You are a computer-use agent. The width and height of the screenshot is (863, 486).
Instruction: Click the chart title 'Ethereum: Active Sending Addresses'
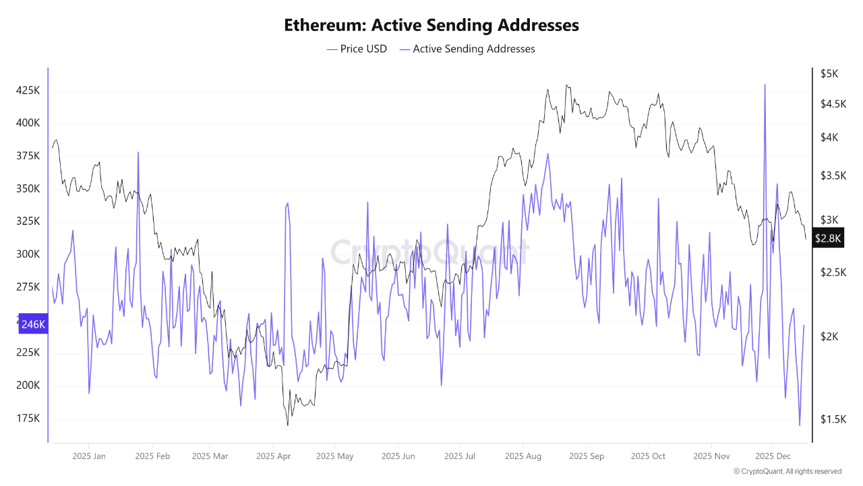point(431,25)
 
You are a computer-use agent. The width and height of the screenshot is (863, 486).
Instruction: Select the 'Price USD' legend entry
point(357,49)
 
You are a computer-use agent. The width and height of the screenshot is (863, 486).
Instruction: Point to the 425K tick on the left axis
point(28,90)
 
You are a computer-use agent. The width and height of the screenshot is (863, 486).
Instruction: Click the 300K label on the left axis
point(28,254)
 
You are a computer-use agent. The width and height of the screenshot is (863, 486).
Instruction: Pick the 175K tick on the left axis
point(28,418)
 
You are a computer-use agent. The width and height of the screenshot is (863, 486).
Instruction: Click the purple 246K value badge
point(33,324)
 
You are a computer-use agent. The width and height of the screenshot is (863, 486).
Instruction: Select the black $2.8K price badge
point(827,238)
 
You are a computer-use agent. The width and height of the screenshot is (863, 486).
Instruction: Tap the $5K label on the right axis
point(829,74)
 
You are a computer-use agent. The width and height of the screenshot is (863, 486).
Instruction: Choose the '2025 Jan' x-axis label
point(89,456)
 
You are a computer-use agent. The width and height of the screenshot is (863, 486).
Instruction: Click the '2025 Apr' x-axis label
point(273,456)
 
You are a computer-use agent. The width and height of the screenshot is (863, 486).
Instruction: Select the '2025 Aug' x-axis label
point(523,456)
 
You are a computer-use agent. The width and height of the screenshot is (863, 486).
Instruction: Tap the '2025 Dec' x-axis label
point(773,456)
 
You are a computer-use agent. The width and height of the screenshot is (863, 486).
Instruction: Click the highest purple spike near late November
point(765,85)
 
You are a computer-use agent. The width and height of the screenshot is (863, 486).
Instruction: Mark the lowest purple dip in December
point(800,425)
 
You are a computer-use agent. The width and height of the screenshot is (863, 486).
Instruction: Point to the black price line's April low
point(288,425)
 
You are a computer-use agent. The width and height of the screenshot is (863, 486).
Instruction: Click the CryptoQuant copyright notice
point(787,471)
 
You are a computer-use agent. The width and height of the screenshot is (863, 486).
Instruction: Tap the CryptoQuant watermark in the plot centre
point(429,252)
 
